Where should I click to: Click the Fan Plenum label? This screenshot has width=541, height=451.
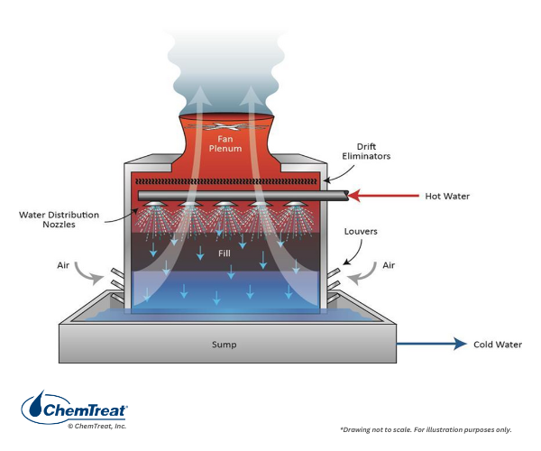226,143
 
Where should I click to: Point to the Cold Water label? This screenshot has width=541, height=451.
496,344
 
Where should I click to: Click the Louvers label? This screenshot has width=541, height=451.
361,232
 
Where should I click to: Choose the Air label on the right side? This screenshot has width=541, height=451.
389,264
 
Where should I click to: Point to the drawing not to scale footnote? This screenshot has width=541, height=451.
424,428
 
